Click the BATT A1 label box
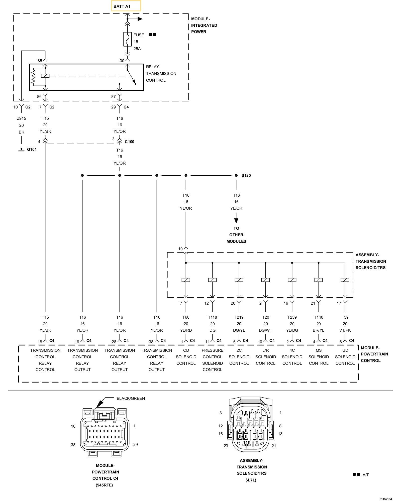(x=126, y=6)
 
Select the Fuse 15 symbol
(x=128, y=39)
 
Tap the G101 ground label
(x=32, y=150)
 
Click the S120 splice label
(x=246, y=175)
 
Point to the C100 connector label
(x=130, y=142)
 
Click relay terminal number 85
(x=40, y=61)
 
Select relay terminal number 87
(x=114, y=96)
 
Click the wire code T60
(x=186, y=317)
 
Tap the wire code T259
(x=292, y=317)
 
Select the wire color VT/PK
(x=345, y=330)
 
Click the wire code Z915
(x=22, y=118)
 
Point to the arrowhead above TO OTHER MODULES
(x=236, y=221)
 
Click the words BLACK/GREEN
(x=131, y=398)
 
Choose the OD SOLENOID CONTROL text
(x=186, y=357)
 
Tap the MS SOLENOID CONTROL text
(x=319, y=357)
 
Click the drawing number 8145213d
(x=385, y=499)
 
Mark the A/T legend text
(x=366, y=475)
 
